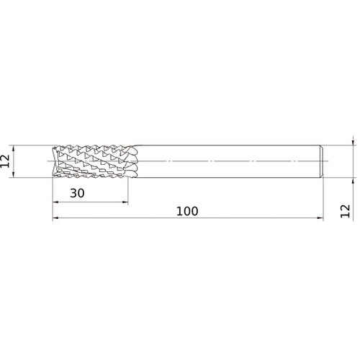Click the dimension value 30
77,193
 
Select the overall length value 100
187,212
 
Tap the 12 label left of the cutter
5,161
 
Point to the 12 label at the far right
346,211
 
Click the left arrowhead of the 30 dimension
55,202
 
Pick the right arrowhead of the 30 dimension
125,202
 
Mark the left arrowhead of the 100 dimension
55,218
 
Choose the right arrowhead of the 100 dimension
320,218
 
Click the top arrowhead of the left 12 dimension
14,148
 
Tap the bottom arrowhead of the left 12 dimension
14,174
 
